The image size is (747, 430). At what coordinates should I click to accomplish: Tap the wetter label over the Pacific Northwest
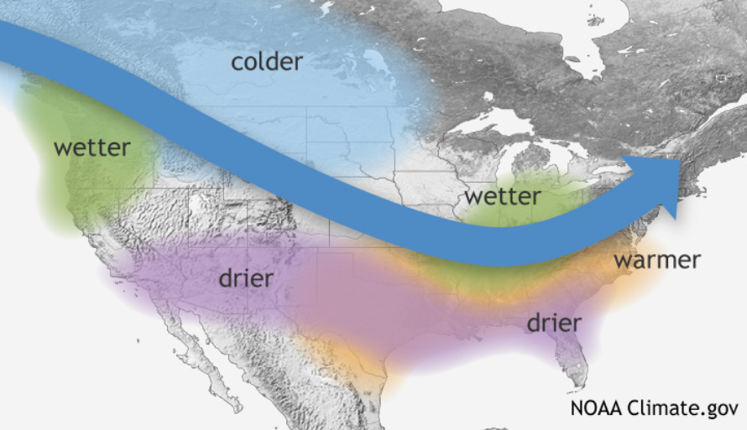coord(91,148)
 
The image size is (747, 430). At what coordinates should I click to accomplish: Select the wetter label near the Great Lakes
coord(503,197)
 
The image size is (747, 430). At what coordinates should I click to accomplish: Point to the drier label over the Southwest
coord(246,277)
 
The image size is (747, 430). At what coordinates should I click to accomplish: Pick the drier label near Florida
coord(553,323)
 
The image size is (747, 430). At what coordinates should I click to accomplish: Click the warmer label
coord(656,260)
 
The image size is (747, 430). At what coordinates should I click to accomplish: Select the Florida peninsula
coord(572,365)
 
